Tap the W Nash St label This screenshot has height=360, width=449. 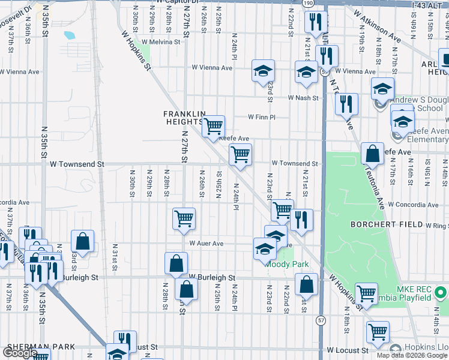[x=302, y=97]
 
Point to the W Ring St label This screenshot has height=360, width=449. [x=436, y=226]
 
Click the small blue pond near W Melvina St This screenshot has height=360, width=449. [x=69, y=35]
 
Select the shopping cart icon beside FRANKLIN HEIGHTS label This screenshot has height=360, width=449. [x=213, y=127]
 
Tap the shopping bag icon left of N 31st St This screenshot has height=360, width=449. [x=83, y=241]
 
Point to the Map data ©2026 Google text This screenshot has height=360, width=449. [x=411, y=355]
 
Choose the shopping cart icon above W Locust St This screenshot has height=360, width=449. [x=378, y=331]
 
